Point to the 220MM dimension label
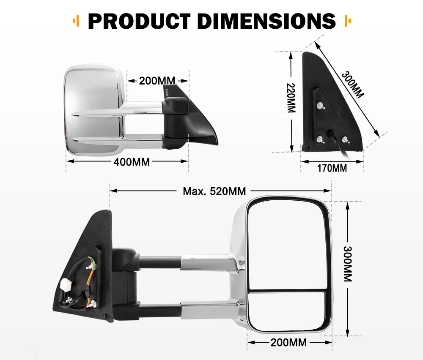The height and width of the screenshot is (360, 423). (291, 98)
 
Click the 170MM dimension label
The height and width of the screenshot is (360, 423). (332, 168)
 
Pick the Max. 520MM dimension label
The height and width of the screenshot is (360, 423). (214, 191)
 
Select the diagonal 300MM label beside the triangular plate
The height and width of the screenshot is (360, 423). (353, 84)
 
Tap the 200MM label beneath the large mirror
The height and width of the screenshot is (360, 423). (288, 342)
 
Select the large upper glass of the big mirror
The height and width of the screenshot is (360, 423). (287, 245)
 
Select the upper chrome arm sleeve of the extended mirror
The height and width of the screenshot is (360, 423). (207, 263)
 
